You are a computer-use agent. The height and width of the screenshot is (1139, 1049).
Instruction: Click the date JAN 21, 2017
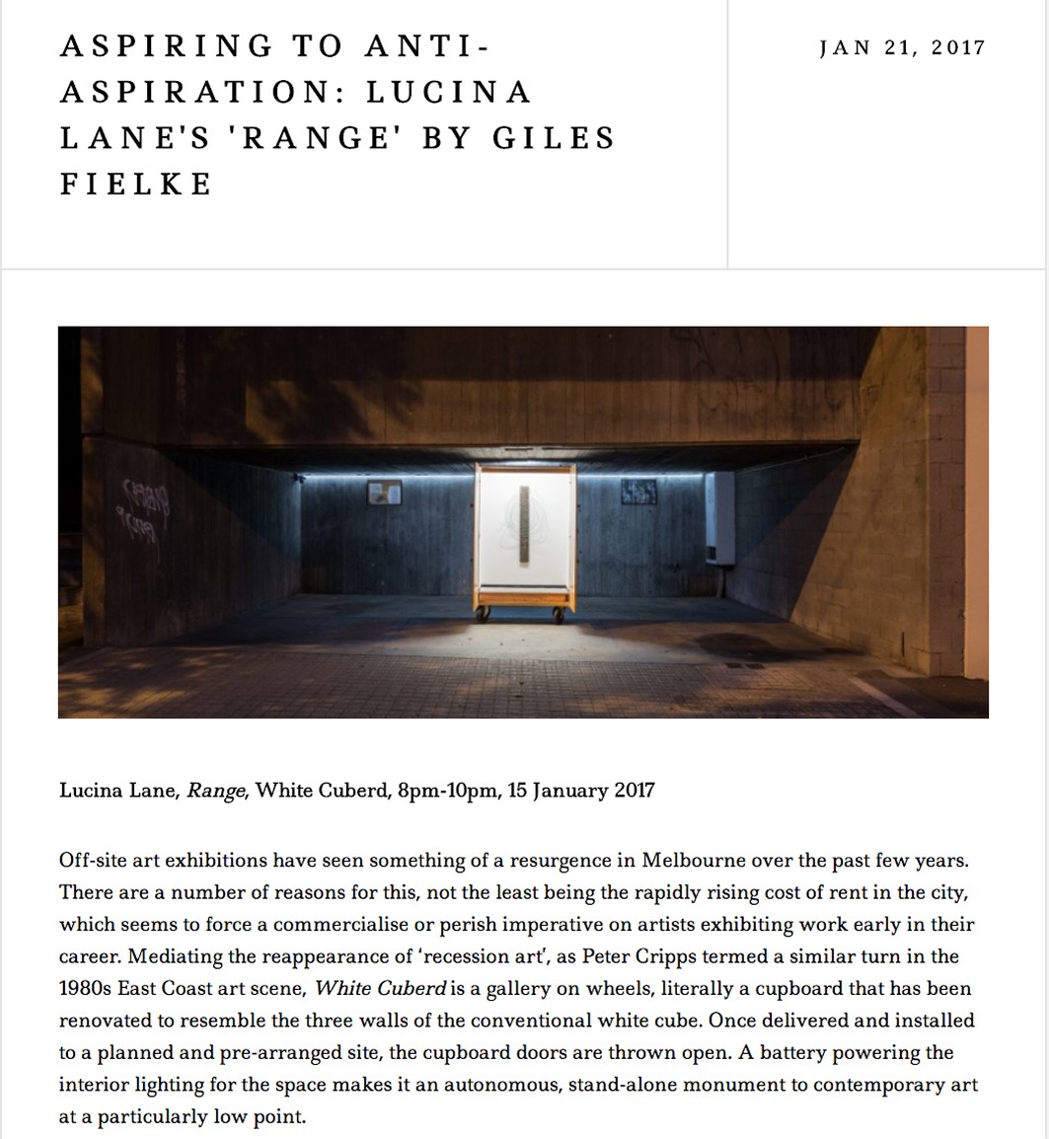tap(902, 47)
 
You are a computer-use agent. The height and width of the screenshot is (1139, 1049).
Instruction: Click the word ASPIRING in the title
tap(166, 46)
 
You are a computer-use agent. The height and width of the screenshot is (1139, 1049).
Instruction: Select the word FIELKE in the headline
tap(136, 184)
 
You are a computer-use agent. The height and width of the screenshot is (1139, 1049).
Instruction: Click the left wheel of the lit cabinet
tap(484, 615)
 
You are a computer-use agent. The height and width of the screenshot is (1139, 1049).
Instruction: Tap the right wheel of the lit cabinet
tap(559, 615)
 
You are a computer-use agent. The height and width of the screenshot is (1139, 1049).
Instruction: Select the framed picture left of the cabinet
tap(384, 493)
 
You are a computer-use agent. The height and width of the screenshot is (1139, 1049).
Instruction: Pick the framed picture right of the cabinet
tap(638, 492)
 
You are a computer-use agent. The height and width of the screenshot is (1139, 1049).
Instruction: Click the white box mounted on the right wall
tap(720, 519)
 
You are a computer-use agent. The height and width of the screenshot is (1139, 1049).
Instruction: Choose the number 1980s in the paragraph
tap(87, 988)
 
